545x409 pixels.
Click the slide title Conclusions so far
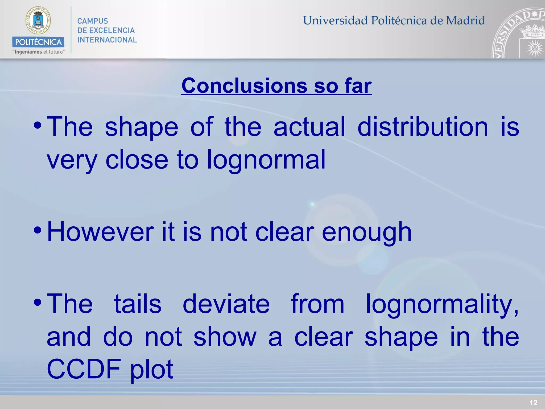tap(276, 86)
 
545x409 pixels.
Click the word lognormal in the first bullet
tap(266, 160)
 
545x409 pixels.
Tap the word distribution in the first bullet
tap(423, 127)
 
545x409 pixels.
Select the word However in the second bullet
tap(100, 232)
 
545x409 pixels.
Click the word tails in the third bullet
tap(138, 304)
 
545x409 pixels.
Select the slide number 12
tap(533, 403)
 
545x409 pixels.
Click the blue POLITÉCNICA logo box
tap(38, 42)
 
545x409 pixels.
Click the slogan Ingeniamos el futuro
tap(38, 52)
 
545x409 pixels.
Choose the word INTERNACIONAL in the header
tap(107, 40)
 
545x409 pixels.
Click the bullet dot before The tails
tap(38, 302)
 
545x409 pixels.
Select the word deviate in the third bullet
tap(226, 304)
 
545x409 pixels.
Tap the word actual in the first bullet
tap(309, 127)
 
